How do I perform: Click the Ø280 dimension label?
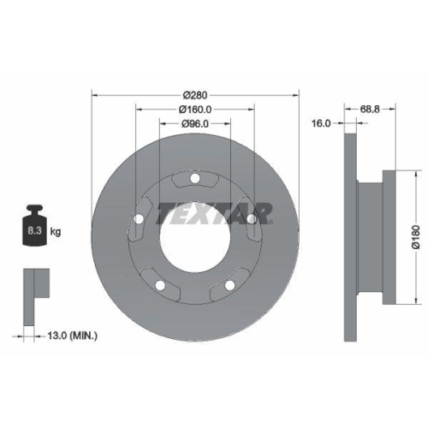195,95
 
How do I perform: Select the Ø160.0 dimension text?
195,110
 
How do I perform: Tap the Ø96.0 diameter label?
195,123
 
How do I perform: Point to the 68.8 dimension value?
370,109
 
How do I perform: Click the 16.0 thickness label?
321,123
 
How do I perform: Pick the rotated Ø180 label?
417,236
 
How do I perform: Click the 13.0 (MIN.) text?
72,336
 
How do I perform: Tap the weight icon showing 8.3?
34,225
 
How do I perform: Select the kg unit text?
56,232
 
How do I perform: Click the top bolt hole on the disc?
195,179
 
